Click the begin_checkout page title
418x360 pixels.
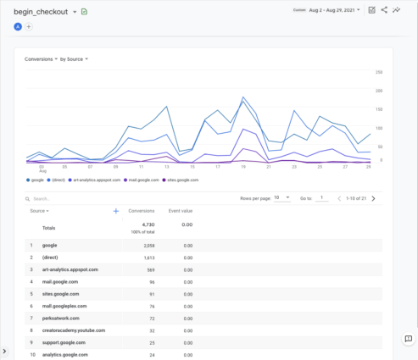tap(41, 12)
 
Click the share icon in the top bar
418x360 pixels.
tap(384, 10)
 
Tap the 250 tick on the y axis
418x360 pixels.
tap(379, 71)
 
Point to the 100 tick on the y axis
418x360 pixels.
tap(379, 127)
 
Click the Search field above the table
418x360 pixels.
tap(68, 198)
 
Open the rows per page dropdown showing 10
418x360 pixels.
tap(282, 197)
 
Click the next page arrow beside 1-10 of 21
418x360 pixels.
tap(373, 197)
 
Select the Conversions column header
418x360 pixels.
tap(141, 210)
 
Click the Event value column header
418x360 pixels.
tap(181, 210)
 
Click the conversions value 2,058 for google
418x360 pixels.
tap(145, 245)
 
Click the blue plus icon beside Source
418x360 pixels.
tap(115, 210)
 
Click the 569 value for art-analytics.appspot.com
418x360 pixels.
tap(147, 269)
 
